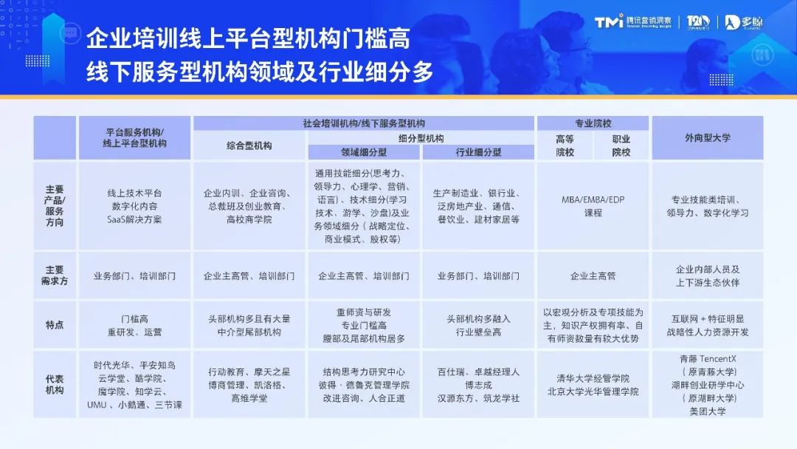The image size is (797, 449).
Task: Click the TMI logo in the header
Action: point(609,22)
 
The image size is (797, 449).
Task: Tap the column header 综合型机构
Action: point(249,145)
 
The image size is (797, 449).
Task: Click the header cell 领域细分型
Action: point(364,152)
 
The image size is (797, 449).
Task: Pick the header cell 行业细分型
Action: point(477,152)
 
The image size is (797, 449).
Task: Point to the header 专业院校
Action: point(593,123)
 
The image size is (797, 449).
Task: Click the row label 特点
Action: point(55,325)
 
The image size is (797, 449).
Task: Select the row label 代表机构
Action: point(55,384)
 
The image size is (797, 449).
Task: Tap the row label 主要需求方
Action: point(55,275)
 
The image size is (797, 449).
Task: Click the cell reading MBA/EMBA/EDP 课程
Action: point(593,206)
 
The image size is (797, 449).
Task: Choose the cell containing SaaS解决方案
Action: point(134,206)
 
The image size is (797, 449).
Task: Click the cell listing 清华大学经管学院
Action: point(593,385)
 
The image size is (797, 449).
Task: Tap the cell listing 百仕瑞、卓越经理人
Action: point(477,385)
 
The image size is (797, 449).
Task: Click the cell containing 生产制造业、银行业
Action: point(477,206)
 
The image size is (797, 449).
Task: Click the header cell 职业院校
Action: point(621,145)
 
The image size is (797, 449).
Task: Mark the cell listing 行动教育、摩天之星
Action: point(249,385)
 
